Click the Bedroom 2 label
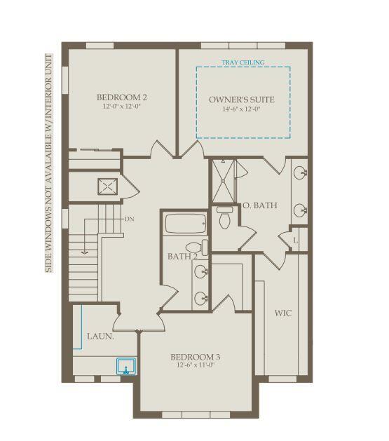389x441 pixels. pos(122,97)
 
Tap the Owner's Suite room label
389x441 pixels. pos(242,100)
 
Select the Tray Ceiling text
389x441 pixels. pos(243,62)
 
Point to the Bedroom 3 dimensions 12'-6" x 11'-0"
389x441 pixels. pos(196,365)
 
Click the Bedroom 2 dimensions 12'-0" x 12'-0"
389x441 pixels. pos(122,107)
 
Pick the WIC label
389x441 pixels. pos(283,313)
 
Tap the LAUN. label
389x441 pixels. pos(100,337)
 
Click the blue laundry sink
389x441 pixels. pos(126,366)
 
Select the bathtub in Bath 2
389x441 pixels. pos(186,224)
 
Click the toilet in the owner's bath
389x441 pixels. pos(224,217)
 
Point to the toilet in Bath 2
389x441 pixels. pos(197,247)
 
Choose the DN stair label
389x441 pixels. pos(129,219)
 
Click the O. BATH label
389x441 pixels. pos(260,205)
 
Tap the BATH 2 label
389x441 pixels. pos(182,257)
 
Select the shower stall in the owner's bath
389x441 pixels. pos(223,181)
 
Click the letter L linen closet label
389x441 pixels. pos(295,240)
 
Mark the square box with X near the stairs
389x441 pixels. pos(108,186)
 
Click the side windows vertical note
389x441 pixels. pos(48,163)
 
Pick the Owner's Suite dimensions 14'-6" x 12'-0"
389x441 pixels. pos(242,109)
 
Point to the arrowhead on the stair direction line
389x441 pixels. pos(85,252)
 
